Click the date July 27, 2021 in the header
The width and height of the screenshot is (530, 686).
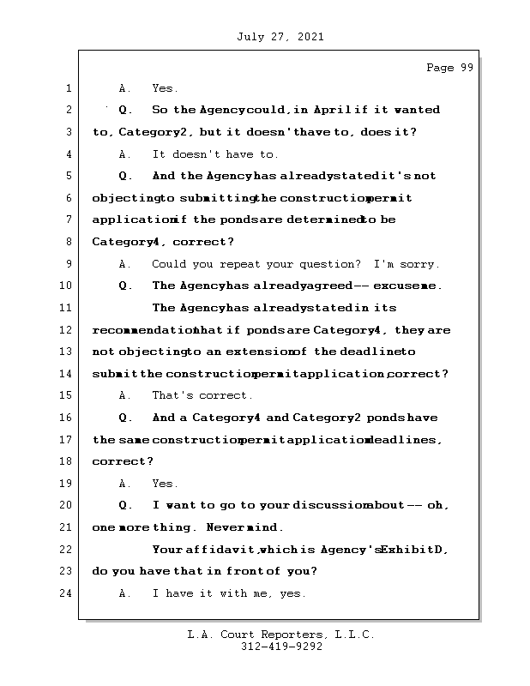click(x=278, y=37)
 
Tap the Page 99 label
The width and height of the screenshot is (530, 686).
click(x=449, y=69)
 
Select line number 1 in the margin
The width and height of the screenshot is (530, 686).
click(x=68, y=88)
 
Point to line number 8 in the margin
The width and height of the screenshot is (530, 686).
click(x=68, y=242)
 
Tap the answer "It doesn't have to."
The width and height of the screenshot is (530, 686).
click(x=215, y=154)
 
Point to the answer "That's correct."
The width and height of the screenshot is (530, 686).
click(x=202, y=395)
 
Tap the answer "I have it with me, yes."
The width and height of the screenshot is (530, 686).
click(x=229, y=593)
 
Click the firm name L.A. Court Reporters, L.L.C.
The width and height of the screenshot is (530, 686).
click(x=280, y=635)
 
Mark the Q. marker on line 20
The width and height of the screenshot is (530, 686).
click(x=125, y=505)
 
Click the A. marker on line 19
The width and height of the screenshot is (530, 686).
click(x=125, y=484)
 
